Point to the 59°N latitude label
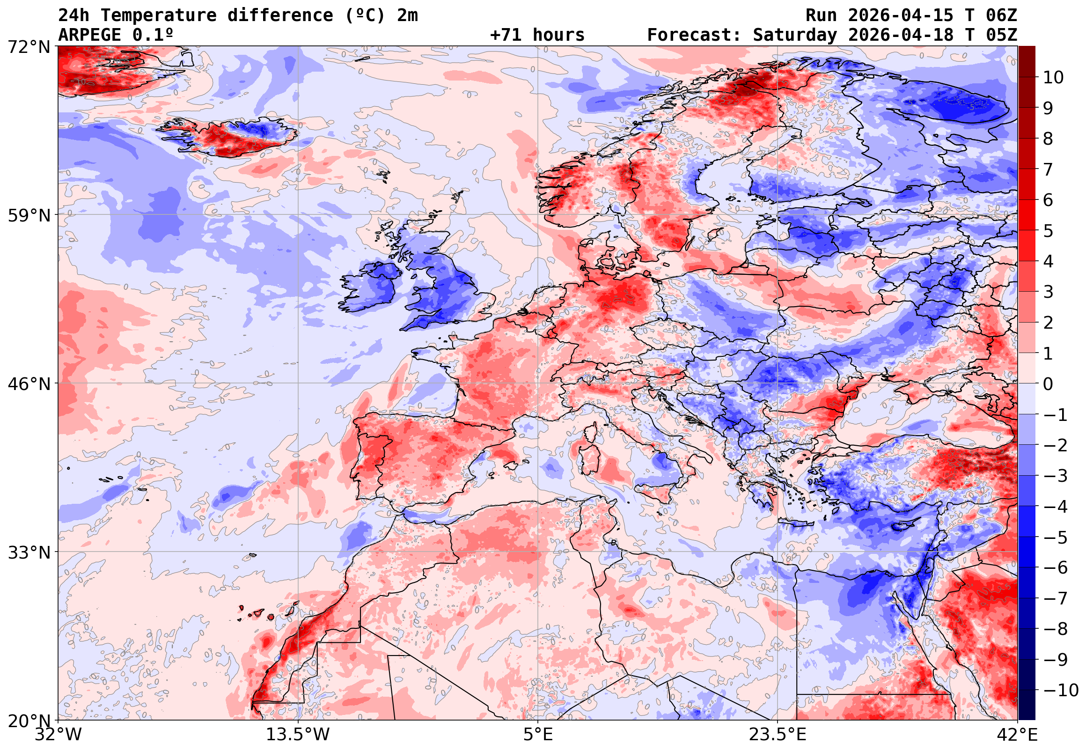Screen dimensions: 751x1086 29,215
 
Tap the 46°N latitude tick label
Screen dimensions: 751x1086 29,384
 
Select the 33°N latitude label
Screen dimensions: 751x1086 29,552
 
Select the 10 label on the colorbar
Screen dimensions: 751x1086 1053,77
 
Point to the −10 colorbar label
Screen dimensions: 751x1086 1061,690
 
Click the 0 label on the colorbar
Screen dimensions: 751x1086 1048,384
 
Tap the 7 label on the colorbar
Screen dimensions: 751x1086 1048,169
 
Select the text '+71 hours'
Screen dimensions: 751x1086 537,35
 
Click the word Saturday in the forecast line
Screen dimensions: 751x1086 794,35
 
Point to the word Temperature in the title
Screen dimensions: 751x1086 158,15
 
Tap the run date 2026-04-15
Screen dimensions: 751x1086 900,15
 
